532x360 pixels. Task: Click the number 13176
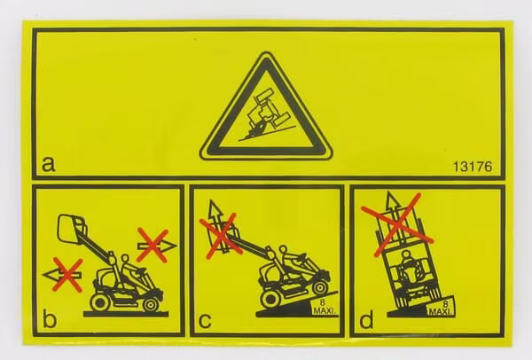[x=473, y=167]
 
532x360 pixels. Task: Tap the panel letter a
[x=48, y=164]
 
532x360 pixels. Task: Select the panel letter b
[x=50, y=319]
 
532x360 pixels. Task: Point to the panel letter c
[x=205, y=321]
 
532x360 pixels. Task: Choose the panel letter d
[x=366, y=319]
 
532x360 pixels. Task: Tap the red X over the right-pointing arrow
[x=153, y=245]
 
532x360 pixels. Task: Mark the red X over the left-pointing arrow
[x=68, y=275]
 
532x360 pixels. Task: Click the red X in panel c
[x=221, y=236]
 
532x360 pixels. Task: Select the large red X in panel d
[x=397, y=224]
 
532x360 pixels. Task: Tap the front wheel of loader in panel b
[x=151, y=304]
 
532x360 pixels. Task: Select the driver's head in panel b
[x=126, y=259]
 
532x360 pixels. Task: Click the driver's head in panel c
[x=283, y=250]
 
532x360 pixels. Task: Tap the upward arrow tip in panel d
[x=393, y=192]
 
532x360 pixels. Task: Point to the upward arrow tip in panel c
[x=214, y=201]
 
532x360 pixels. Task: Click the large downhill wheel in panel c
[x=270, y=299]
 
